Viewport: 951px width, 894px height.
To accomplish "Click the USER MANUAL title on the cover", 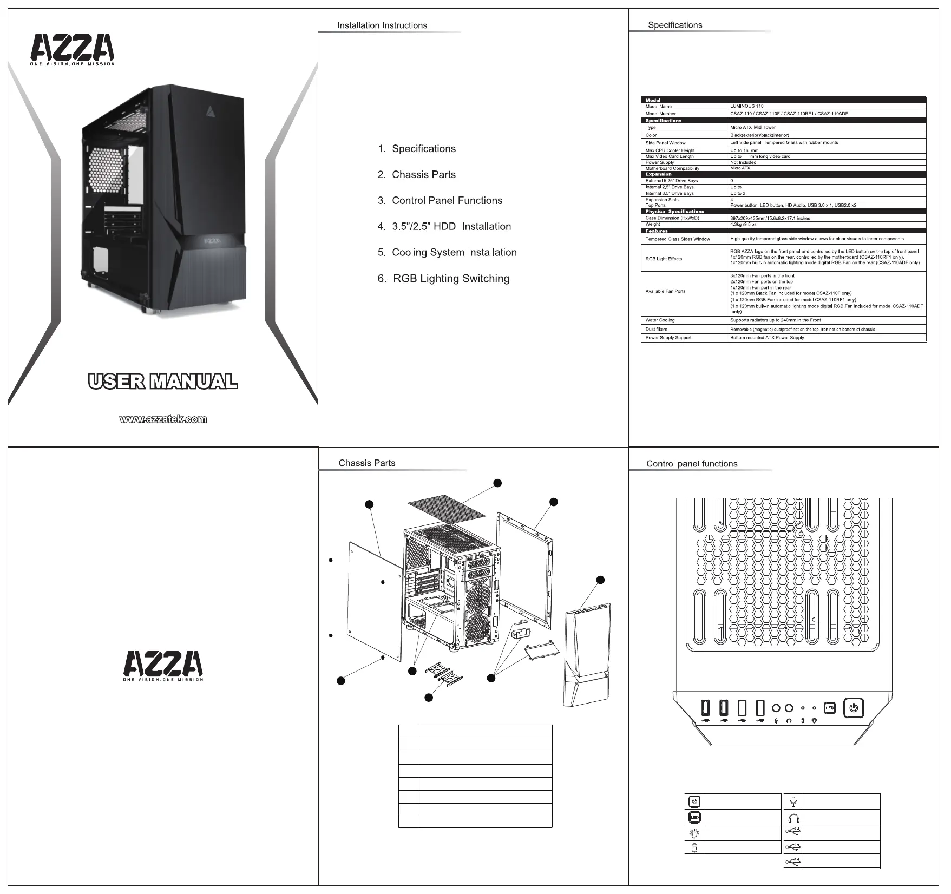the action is pos(162,382).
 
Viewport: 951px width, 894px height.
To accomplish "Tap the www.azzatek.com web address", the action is pos(163,419).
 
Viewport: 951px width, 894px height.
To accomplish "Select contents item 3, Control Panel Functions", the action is pos(447,201).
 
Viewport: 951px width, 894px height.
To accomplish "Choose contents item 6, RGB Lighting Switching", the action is pos(450,279).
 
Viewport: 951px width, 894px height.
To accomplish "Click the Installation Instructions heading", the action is pos(382,25).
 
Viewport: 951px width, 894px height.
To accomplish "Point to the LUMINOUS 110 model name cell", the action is pos(746,107).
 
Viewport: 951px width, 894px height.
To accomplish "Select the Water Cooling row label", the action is pos(660,320).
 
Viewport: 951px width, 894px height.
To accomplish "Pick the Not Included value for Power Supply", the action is pos(743,162).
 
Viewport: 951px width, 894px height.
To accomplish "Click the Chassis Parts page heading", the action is pos(367,463).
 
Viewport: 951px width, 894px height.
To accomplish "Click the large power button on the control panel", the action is pos(854,708).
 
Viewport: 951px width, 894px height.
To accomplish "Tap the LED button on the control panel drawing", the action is pos(830,708).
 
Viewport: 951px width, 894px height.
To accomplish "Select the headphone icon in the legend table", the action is pos(793,817).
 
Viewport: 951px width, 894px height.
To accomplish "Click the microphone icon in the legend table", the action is pos(793,801).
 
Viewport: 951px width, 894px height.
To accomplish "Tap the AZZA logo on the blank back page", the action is pos(163,666).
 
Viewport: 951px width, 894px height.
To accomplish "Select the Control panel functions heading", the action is pos(692,464).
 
